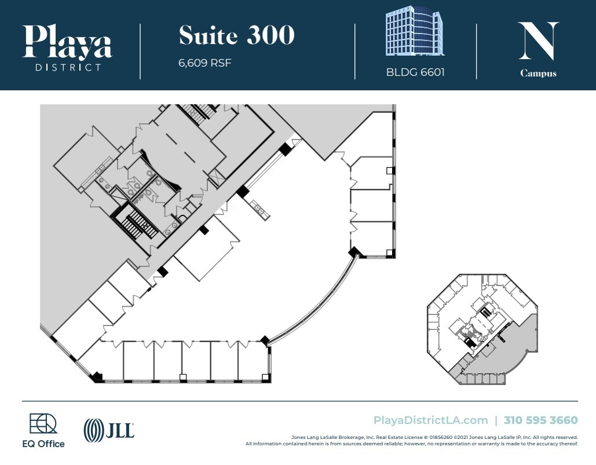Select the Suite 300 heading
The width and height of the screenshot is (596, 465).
(236, 36)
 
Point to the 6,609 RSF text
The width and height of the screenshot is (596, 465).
(204, 63)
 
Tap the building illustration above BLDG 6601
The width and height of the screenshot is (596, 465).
(415, 31)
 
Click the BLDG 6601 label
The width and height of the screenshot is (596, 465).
(415, 73)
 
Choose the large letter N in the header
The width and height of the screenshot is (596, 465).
(538, 41)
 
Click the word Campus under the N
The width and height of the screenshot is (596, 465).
(538, 74)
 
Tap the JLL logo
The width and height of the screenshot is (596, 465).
(109, 430)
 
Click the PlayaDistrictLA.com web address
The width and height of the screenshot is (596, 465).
(430, 420)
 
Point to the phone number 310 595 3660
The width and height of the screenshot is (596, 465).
(540, 420)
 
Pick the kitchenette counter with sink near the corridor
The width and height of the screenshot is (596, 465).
(259, 209)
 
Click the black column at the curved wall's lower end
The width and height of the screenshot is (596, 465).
(265, 340)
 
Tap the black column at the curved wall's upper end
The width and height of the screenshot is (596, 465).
(353, 252)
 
